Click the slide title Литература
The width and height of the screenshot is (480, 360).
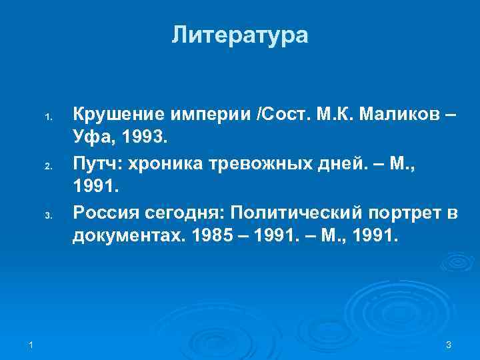click(x=240, y=35)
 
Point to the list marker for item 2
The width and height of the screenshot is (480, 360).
click(x=47, y=166)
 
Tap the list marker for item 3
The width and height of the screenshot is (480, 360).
click(x=47, y=216)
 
